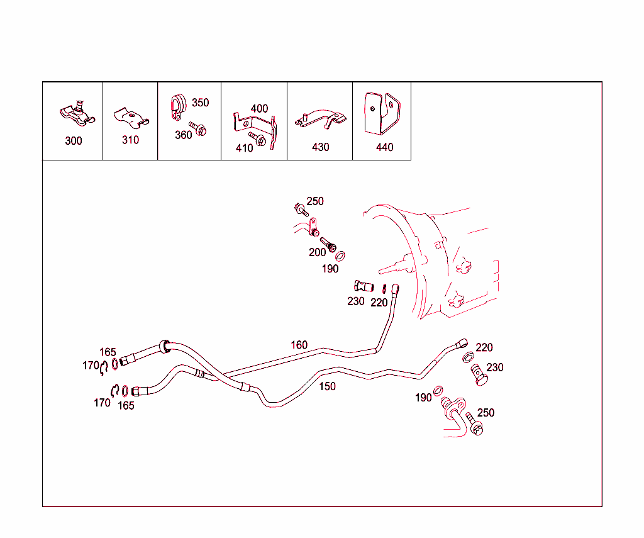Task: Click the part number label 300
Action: click(x=74, y=141)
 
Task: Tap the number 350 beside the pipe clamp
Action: click(x=201, y=103)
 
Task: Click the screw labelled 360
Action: click(x=197, y=128)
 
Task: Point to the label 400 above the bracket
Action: click(x=259, y=109)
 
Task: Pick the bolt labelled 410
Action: click(x=257, y=139)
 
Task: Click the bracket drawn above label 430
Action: click(x=320, y=119)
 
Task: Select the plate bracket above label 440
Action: click(x=382, y=114)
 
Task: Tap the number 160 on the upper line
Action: click(x=299, y=345)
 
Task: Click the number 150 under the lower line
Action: click(x=327, y=386)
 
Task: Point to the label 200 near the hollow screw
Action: click(x=317, y=252)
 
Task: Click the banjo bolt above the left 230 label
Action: click(x=364, y=286)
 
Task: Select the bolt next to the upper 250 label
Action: click(x=301, y=210)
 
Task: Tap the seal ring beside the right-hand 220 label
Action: click(x=468, y=357)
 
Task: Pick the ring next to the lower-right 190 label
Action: click(x=438, y=390)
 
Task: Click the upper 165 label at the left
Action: click(x=108, y=352)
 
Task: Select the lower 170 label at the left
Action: click(x=102, y=403)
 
